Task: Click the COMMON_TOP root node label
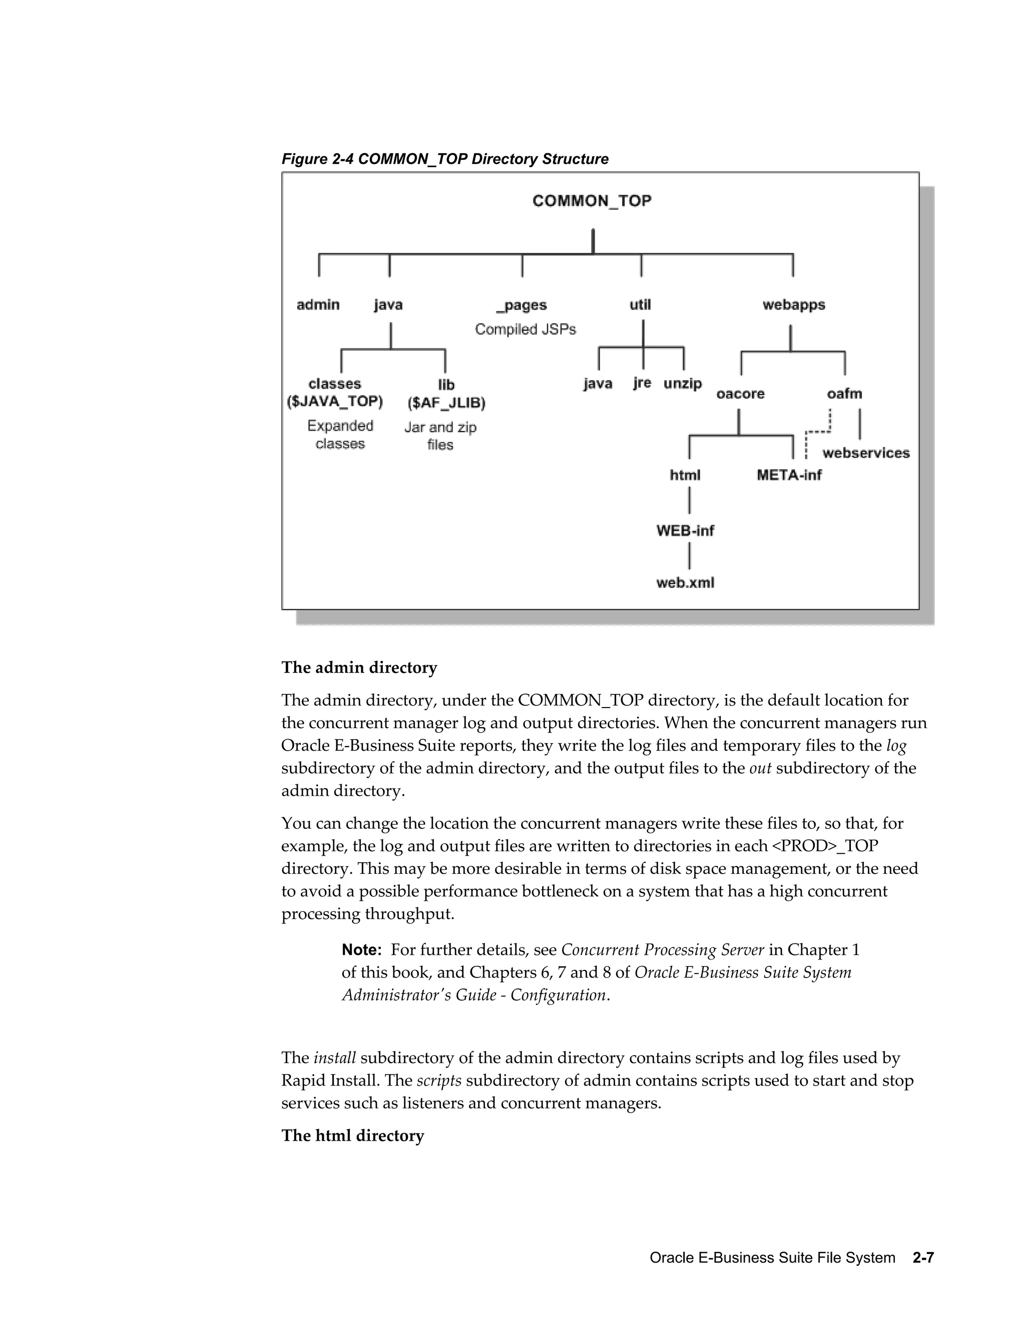tap(592, 201)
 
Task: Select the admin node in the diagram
tap(318, 304)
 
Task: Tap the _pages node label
tap(522, 305)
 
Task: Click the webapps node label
tap(794, 304)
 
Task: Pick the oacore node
tap(740, 394)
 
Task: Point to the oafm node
tap(844, 394)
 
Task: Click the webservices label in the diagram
tap(866, 453)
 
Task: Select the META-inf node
tap(789, 475)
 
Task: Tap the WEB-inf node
tap(685, 530)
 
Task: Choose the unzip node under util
tap(683, 384)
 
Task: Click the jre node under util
tap(642, 383)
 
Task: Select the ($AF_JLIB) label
tap(446, 403)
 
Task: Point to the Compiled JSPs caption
tap(525, 329)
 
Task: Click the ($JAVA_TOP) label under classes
tap(335, 402)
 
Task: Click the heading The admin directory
tap(359, 668)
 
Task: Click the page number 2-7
tap(922, 1258)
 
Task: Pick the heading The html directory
tap(352, 1136)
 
